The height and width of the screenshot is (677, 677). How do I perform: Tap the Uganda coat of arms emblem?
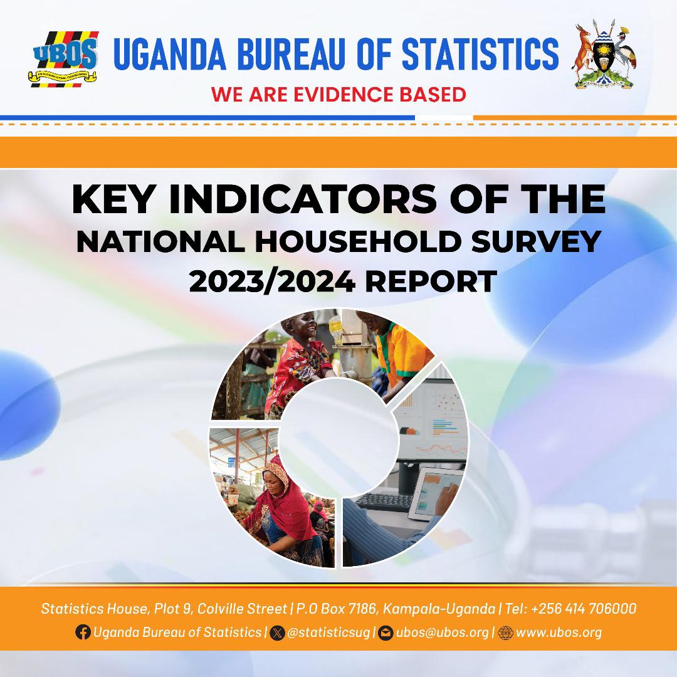pos(604,56)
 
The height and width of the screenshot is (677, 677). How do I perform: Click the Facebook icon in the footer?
pos(82,632)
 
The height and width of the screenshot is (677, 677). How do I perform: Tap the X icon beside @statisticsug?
pos(278,632)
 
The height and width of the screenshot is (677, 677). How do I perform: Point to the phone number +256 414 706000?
pos(584,609)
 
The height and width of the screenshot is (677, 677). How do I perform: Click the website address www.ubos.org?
pos(559,632)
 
